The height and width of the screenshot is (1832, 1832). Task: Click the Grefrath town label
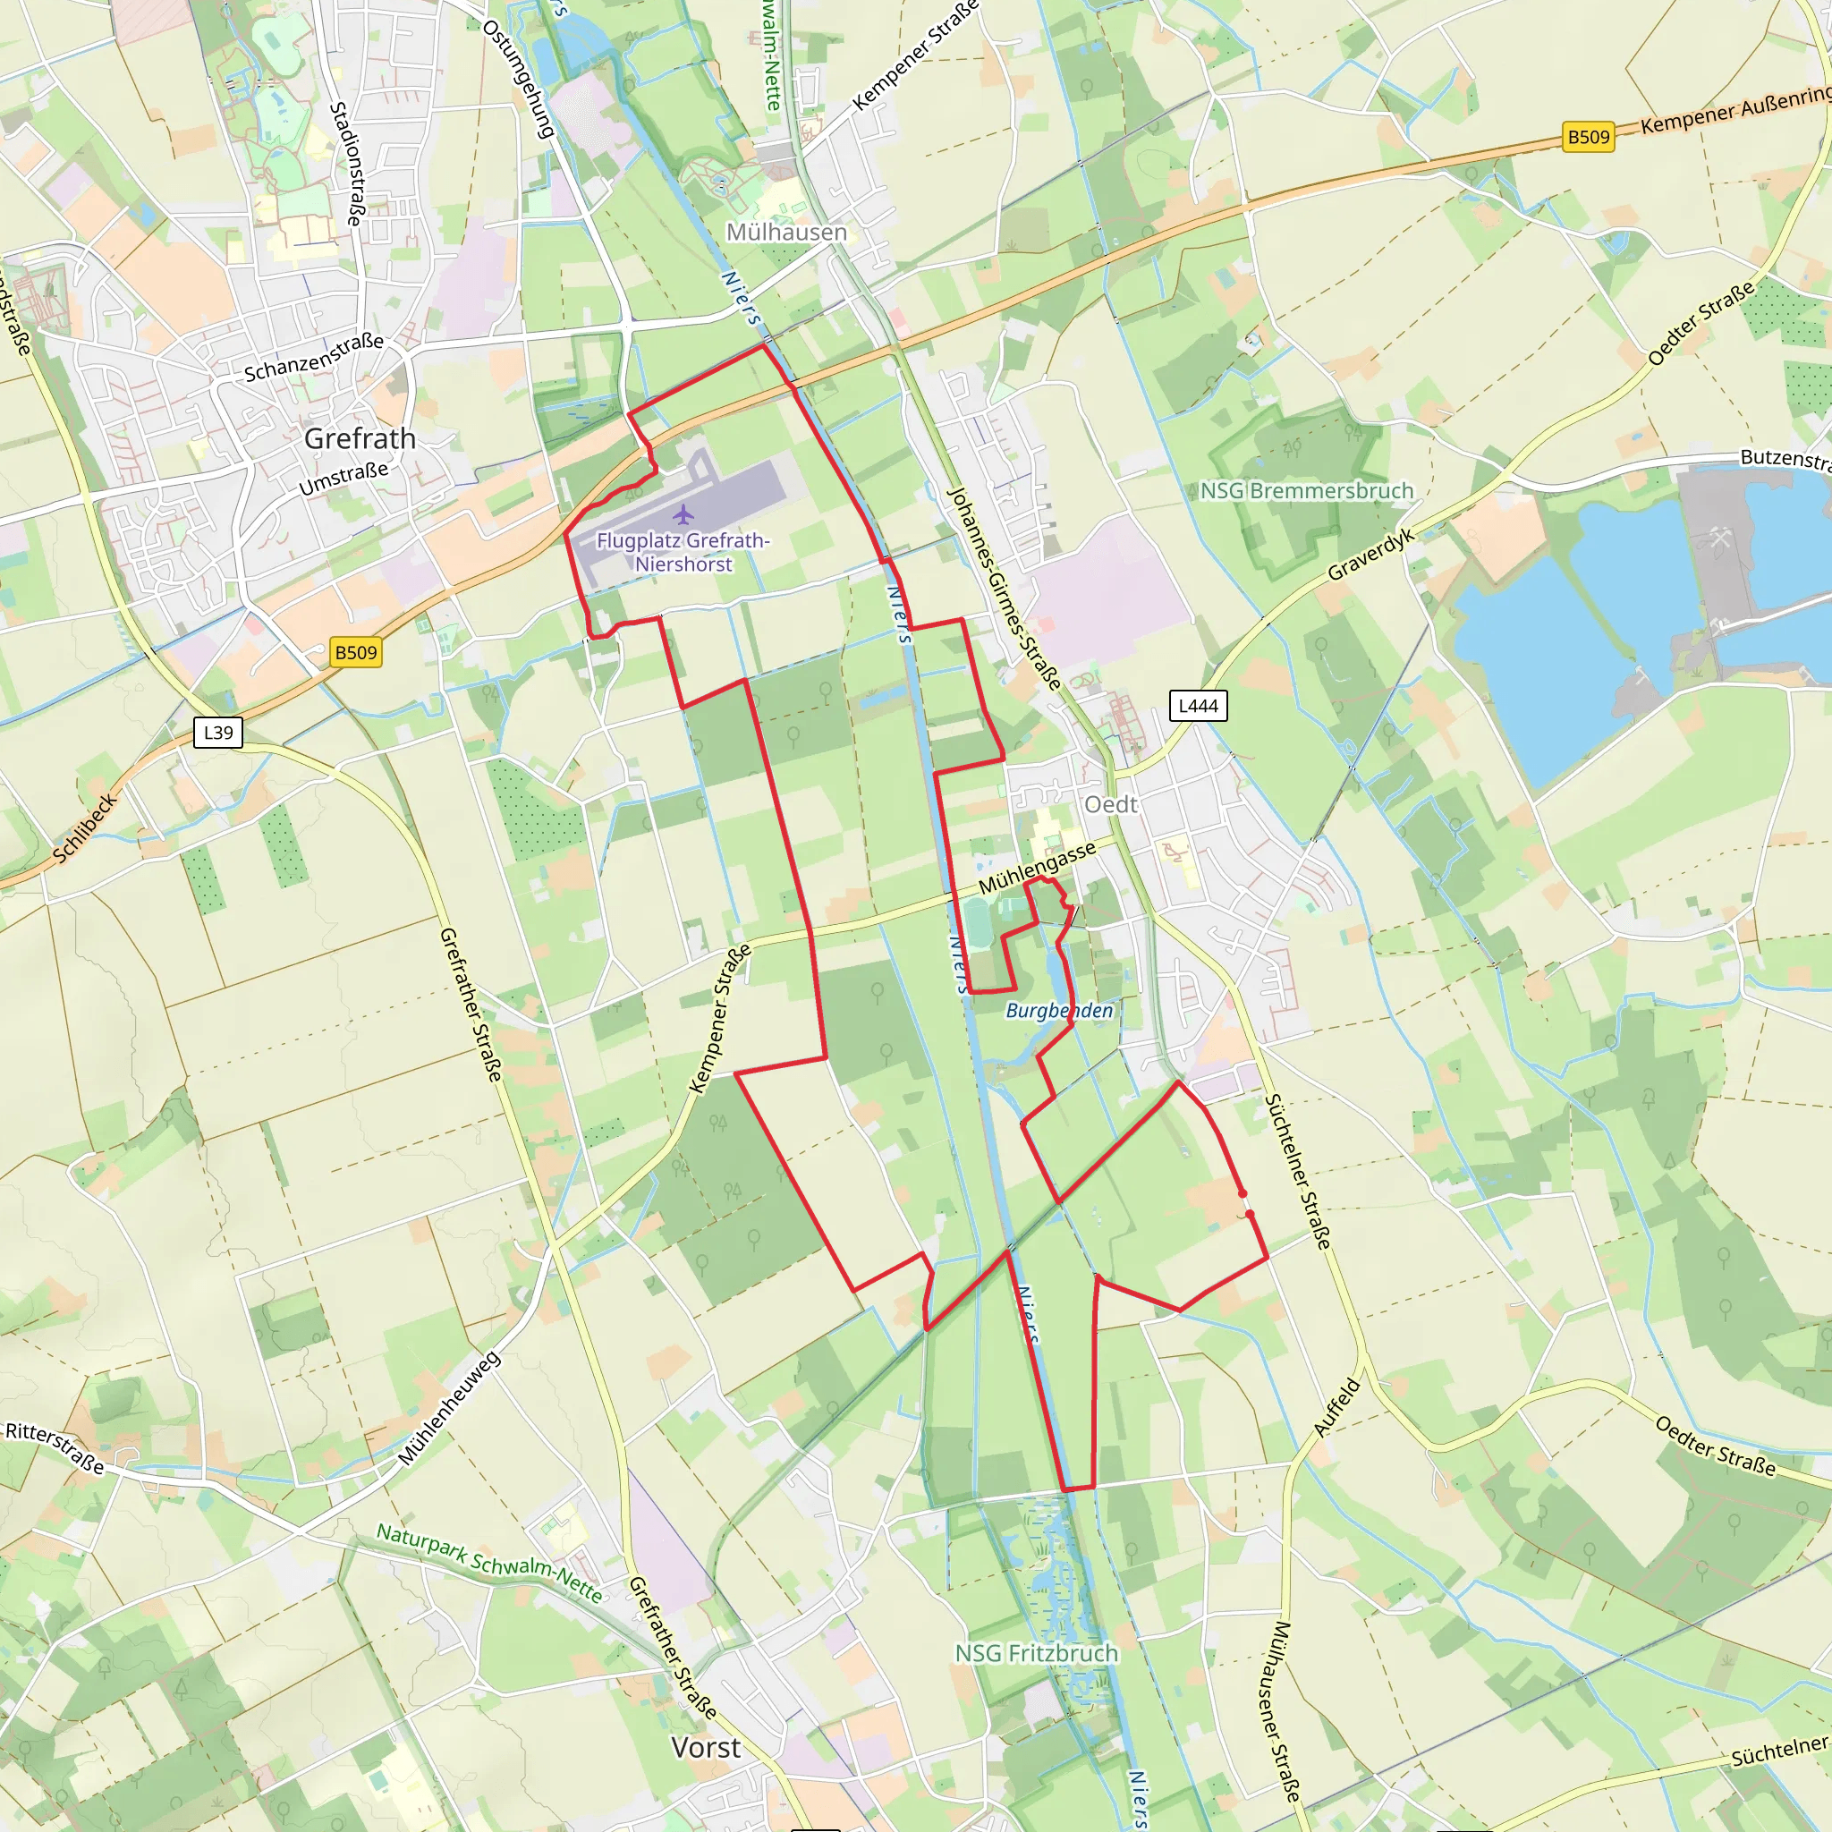pyautogui.click(x=360, y=438)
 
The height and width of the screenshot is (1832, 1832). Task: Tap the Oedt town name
pyautogui.click(x=1110, y=804)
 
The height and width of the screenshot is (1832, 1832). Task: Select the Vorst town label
pyautogui.click(x=706, y=1747)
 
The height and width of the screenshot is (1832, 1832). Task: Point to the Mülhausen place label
pyautogui.click(x=786, y=233)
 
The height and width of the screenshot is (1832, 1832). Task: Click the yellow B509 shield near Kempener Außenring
pyautogui.click(x=1589, y=138)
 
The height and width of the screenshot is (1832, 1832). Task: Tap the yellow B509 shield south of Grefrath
pyautogui.click(x=357, y=652)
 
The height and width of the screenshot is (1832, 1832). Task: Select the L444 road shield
pyautogui.click(x=1198, y=706)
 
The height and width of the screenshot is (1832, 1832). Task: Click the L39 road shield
pyautogui.click(x=218, y=732)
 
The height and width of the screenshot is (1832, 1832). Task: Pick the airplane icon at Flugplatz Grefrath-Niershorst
pyautogui.click(x=683, y=515)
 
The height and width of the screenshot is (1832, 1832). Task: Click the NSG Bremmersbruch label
pyautogui.click(x=1307, y=490)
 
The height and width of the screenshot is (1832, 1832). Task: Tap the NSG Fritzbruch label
pyautogui.click(x=1037, y=1653)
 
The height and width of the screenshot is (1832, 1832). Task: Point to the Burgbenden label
pyautogui.click(x=1059, y=1011)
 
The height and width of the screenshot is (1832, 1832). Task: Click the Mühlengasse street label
pyautogui.click(x=1038, y=867)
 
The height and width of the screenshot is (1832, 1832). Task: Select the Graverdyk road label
pyautogui.click(x=1371, y=554)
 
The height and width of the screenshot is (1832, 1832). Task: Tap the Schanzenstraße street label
pyautogui.click(x=314, y=358)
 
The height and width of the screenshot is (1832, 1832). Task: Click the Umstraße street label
pyautogui.click(x=343, y=479)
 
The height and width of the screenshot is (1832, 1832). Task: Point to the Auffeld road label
pyautogui.click(x=1337, y=1407)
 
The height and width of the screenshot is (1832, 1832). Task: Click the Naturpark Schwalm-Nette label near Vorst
pyautogui.click(x=489, y=1562)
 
